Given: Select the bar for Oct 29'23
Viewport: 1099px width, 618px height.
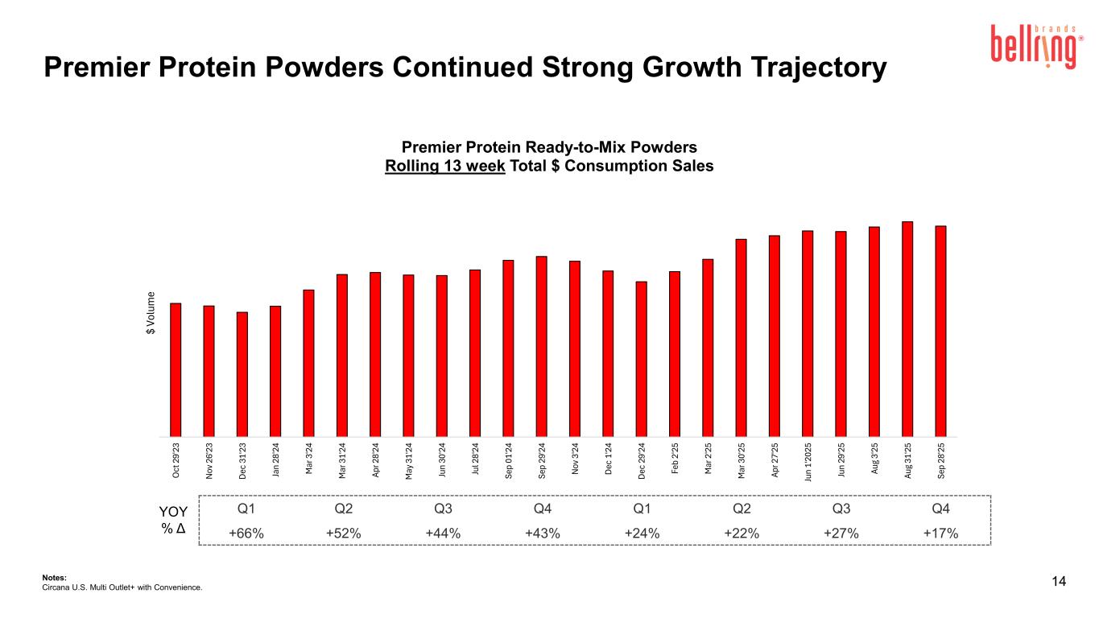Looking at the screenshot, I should click(x=176, y=369).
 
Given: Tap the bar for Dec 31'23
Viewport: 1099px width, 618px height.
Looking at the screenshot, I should click(x=242, y=373).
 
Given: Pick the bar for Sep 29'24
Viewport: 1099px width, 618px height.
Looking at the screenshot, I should click(x=542, y=346).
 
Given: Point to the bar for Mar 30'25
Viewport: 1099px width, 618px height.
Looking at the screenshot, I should click(x=742, y=337).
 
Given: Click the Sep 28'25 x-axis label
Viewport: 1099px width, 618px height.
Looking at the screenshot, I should click(x=941, y=459).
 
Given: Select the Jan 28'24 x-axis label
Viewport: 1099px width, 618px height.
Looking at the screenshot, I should click(x=275, y=459).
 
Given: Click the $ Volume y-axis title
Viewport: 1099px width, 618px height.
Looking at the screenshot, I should click(x=150, y=315).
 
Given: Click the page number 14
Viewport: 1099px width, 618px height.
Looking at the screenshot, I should click(x=1059, y=582).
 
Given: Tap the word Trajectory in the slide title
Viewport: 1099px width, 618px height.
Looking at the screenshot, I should click(x=799, y=68).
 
